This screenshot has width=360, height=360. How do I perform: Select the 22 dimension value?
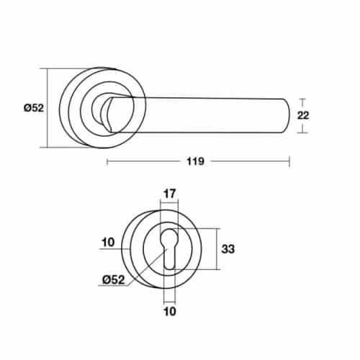[x=303, y=116]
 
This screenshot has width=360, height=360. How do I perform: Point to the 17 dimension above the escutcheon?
[x=170, y=193]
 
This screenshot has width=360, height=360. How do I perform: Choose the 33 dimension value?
[x=228, y=249]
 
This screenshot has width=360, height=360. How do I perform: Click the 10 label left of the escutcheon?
[x=109, y=243]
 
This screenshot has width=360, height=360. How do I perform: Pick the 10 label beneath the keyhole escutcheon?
[x=170, y=312]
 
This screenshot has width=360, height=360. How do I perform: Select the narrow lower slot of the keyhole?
[x=170, y=259]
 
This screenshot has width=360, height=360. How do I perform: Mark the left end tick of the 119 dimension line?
[x=107, y=162]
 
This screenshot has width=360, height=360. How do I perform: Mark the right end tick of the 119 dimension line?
[x=289, y=162]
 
